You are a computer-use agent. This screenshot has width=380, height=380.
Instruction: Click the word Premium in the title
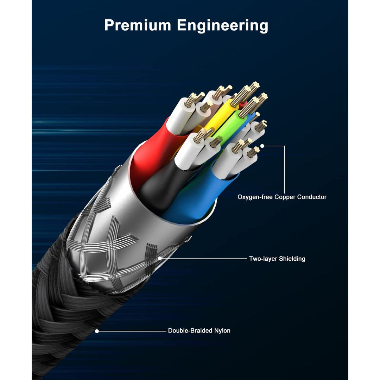[138, 25]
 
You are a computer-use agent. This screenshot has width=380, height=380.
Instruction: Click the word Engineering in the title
[222, 26]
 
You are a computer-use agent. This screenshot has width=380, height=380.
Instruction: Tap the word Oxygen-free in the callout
[255, 197]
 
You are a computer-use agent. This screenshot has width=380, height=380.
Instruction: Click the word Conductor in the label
[312, 197]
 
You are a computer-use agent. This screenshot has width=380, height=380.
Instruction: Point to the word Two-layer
[263, 259]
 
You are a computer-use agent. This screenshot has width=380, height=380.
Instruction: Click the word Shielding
[292, 259]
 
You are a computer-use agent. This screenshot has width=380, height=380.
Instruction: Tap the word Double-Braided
[190, 330]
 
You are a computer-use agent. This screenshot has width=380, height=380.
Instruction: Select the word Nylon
[222, 331]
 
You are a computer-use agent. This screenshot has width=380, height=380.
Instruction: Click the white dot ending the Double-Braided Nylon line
[97, 331]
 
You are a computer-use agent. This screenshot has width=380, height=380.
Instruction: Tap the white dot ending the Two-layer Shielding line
[160, 259]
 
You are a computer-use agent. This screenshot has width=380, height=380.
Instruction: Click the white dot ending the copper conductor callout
[262, 146]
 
